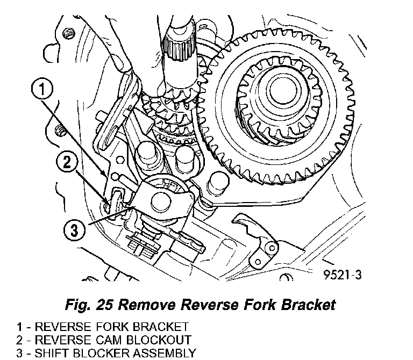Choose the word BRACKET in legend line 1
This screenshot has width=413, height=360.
(x=158, y=326)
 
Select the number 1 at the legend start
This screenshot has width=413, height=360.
(x=20, y=326)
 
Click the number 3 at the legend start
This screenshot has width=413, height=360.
(x=20, y=353)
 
